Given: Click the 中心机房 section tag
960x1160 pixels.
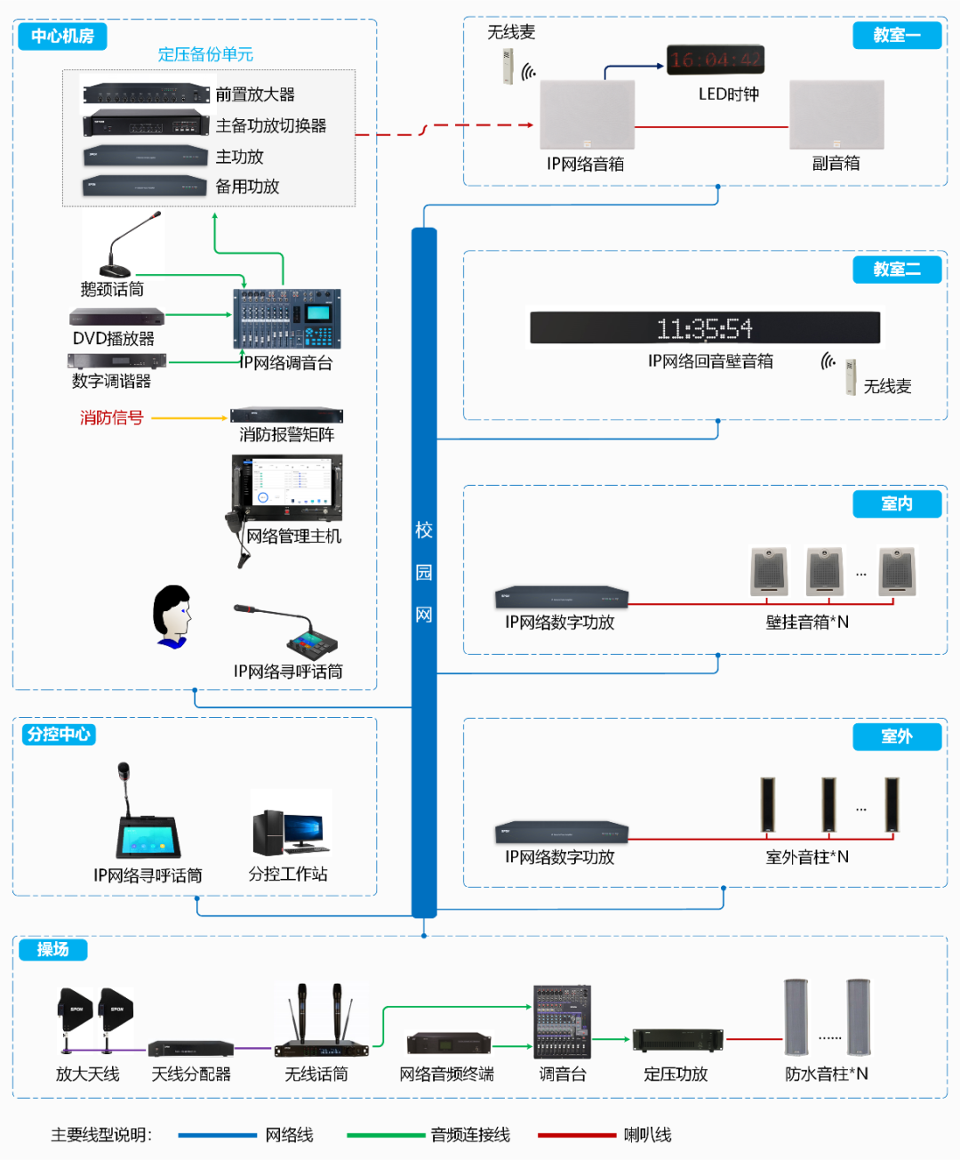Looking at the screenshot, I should (62, 36).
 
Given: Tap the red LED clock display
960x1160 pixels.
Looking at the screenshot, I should (715, 60).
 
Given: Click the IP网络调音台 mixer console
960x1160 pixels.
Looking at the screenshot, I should (287, 318).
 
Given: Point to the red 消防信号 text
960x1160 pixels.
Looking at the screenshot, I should (111, 418).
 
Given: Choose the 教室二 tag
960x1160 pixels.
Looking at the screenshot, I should (896, 270).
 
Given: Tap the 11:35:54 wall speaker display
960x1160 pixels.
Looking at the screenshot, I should (704, 327).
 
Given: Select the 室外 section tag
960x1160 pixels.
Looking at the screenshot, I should (896, 737).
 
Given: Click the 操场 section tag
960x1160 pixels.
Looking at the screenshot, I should (52, 950).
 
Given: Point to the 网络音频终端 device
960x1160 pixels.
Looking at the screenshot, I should (448, 1043).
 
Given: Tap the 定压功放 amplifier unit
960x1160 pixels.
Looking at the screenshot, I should (677, 1039).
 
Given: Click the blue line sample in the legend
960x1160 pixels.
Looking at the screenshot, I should (217, 1135).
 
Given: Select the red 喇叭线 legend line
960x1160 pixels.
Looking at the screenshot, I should (576, 1135).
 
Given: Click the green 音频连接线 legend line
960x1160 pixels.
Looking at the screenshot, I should (386, 1135).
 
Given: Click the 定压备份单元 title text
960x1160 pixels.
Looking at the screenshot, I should (205, 54).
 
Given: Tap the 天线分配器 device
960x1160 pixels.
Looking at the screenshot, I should (190, 1049).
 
